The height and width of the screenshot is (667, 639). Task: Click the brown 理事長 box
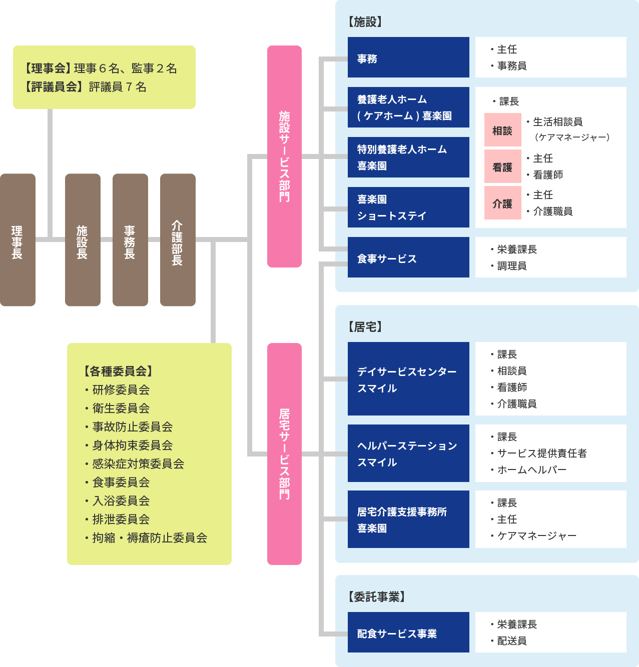click(18, 240)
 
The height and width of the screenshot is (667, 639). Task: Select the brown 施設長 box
click(83, 240)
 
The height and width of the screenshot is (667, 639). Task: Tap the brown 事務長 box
click(130, 240)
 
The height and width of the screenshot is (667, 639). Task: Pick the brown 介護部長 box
click(178, 240)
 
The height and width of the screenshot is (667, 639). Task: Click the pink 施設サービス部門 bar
click(284, 156)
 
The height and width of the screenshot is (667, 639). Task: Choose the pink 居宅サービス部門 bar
click(284, 453)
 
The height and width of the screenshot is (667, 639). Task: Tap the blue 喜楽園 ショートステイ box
click(408, 207)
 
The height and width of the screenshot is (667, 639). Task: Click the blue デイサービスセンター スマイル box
click(408, 379)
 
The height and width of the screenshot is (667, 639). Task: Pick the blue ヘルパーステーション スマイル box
click(408, 453)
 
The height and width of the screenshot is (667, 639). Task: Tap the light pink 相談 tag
click(502, 130)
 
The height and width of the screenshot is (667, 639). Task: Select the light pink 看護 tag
click(502, 167)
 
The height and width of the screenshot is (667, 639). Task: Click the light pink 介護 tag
click(502, 203)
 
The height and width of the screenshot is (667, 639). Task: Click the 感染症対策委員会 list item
click(138, 464)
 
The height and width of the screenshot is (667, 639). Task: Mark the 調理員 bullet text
click(511, 266)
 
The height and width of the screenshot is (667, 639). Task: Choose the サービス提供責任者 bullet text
click(542, 453)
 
